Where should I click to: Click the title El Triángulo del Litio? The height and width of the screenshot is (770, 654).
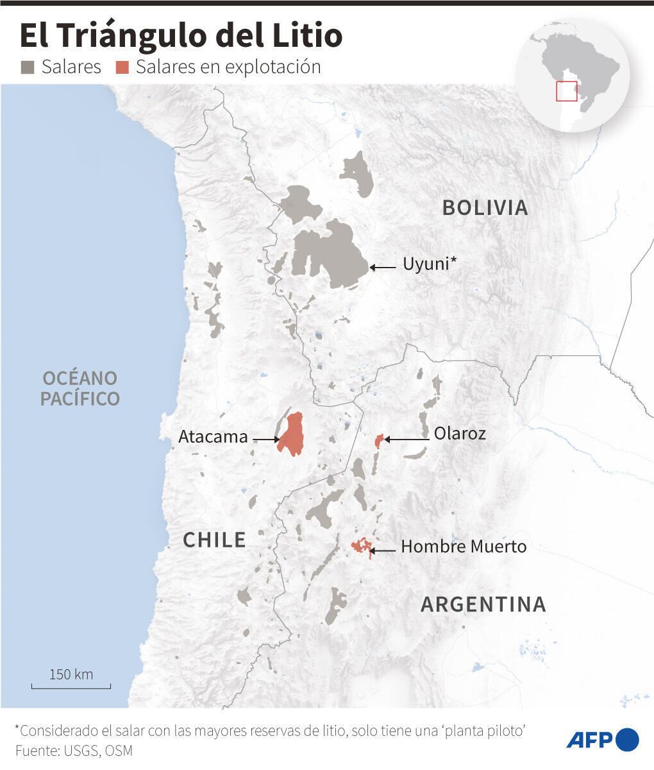pos(181,35)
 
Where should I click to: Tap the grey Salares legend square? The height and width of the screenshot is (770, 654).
pos(28,67)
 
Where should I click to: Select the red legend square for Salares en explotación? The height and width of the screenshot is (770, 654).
pos(122,67)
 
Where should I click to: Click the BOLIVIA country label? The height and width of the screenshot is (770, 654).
pos(485,208)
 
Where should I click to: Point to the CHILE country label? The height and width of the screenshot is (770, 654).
pos(214,540)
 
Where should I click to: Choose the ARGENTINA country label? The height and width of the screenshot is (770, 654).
pos(483,604)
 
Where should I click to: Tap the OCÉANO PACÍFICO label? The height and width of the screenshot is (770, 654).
pos(80,388)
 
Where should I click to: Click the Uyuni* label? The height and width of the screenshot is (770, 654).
pos(429,264)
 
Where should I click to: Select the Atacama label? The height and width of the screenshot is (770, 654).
pos(213,437)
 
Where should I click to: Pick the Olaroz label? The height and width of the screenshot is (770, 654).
pos(460,434)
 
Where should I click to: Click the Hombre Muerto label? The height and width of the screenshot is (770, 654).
pos(464,547)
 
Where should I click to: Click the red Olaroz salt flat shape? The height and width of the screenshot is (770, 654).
pos(379,440)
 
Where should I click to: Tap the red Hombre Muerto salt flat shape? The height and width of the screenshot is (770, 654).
pos(362,546)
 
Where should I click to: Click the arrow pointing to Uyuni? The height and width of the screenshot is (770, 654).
pos(383,267)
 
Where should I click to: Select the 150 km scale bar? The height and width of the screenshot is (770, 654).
pos(71,686)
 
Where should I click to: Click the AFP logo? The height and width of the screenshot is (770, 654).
pos(602,740)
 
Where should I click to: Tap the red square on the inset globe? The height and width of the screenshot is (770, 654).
pos(566,91)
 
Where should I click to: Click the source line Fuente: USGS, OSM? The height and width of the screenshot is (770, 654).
pos(74,750)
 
